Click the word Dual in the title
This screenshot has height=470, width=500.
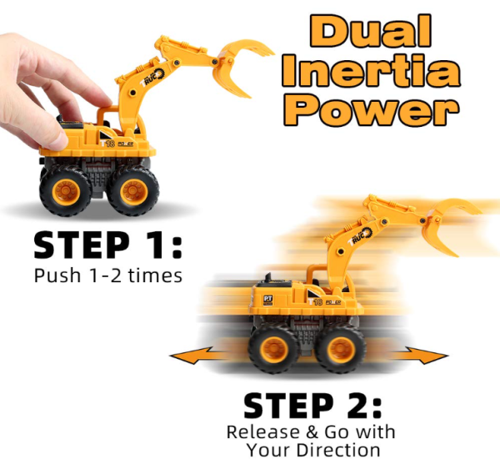pyautogui.click(x=371, y=31)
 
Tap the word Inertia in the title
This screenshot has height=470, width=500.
pyautogui.click(x=372, y=71)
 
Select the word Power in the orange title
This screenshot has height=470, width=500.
pyautogui.click(x=372, y=109)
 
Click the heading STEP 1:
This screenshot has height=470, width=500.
pyautogui.click(x=107, y=245)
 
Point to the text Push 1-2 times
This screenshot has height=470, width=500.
pyautogui.click(x=108, y=275)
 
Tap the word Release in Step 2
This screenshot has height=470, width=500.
pyautogui.click(x=263, y=432)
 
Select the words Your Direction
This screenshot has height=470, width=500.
pyautogui.click(x=313, y=450)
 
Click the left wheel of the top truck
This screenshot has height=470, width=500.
pyautogui.click(x=66, y=190)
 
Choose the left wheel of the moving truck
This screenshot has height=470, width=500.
pyautogui.click(x=273, y=349)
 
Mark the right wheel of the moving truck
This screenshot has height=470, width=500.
pyautogui.click(x=340, y=349)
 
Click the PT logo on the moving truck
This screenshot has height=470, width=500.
pyautogui.click(x=267, y=300)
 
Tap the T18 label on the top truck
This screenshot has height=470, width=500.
pyautogui.click(x=107, y=144)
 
